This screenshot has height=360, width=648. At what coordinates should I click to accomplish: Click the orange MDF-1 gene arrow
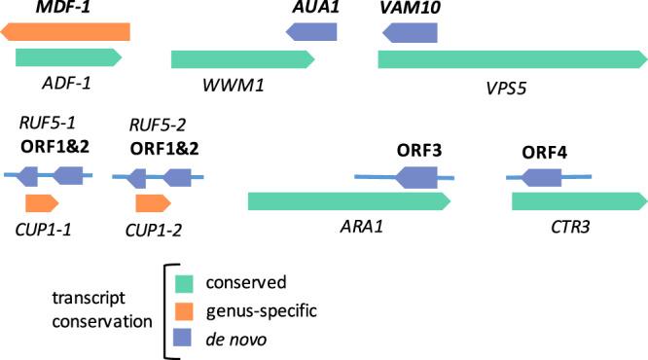(65, 32)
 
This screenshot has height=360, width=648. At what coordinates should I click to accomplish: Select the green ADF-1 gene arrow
(68, 59)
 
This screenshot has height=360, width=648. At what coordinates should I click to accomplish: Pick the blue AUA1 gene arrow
(311, 32)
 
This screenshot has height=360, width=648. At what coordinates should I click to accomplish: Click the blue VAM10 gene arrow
(410, 32)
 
